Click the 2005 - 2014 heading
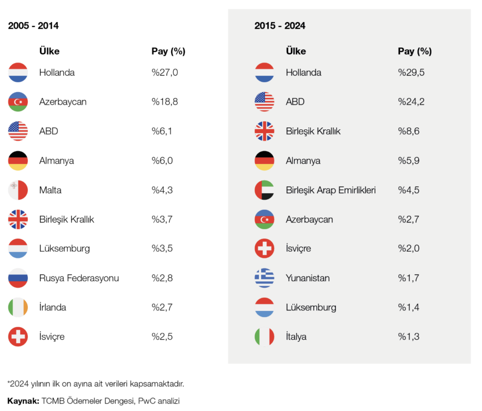click(33, 26)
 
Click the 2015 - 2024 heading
click(280, 26)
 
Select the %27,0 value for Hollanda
click(165, 72)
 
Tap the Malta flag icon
click(18, 190)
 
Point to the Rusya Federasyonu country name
click(79, 278)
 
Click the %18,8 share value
click(165, 102)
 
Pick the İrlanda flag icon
click(18, 308)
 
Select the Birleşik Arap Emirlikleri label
click(330, 190)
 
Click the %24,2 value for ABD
click(411, 102)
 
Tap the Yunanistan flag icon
click(265, 278)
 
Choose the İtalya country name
click(296, 337)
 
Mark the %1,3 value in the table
click(409, 337)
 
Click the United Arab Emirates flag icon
click(265, 190)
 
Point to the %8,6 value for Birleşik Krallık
click(409, 131)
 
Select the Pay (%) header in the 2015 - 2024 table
click(415, 51)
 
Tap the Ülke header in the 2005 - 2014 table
click(49, 51)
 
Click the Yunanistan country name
click(307, 278)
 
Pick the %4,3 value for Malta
click(162, 190)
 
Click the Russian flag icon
click(18, 278)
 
